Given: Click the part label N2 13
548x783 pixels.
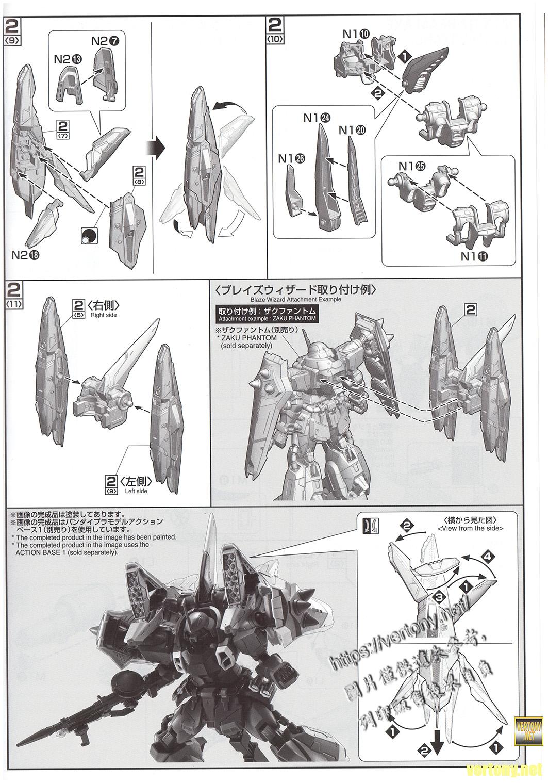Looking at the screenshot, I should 67,59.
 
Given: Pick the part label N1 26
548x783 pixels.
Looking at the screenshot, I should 291,159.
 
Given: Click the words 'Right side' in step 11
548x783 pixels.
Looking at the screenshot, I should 104,315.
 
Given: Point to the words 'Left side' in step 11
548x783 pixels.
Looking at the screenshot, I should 136,491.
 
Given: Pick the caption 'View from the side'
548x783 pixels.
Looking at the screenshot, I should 470,528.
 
